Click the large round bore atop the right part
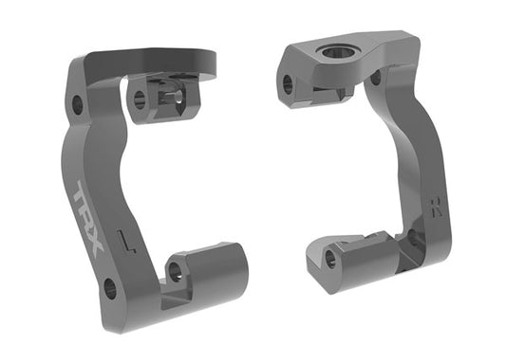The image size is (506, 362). click(336, 51)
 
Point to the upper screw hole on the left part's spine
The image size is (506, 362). click(76, 102)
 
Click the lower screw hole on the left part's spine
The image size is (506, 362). click(110, 286)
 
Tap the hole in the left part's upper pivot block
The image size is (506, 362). click(140, 98)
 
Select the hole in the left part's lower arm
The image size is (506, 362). click(175, 271)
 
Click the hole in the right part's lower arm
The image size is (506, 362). click(330, 257)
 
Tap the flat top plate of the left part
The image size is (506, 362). click(152, 62)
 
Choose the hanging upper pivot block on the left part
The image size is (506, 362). click(161, 100)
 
